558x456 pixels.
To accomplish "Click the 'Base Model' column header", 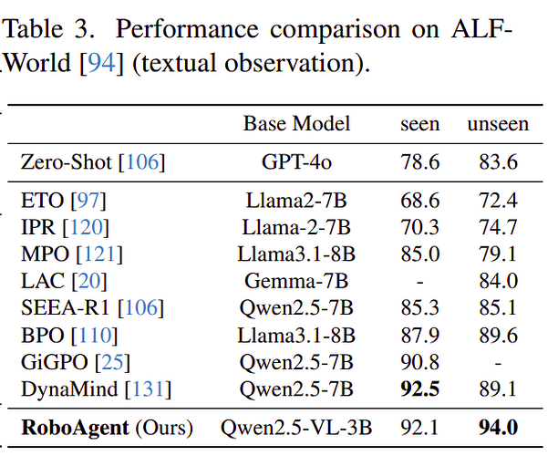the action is pyautogui.click(x=297, y=124).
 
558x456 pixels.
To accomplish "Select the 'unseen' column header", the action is pyautogui.click(x=498, y=125).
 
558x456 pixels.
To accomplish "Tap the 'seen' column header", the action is pyautogui.click(x=420, y=125).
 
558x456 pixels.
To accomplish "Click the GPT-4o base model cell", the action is pyautogui.click(x=297, y=162).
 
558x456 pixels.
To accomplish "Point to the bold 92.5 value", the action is pyautogui.click(x=420, y=389).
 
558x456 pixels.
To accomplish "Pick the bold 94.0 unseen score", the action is pyautogui.click(x=498, y=427).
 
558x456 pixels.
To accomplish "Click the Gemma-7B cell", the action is pyautogui.click(x=296, y=281).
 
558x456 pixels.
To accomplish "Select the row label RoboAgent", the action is pyautogui.click(x=75, y=428).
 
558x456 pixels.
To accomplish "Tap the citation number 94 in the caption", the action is pyautogui.click(x=101, y=63).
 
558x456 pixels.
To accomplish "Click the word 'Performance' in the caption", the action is pyautogui.click(x=187, y=29).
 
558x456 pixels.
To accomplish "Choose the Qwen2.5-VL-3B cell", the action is pyautogui.click(x=296, y=428).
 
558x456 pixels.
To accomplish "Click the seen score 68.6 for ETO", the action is pyautogui.click(x=420, y=201).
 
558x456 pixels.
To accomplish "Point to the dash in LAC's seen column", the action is pyautogui.click(x=420, y=283).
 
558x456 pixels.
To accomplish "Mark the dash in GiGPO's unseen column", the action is pyautogui.click(x=498, y=364).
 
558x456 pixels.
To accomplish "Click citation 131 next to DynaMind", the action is pyautogui.click(x=148, y=389).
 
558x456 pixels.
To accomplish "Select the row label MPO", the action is pyautogui.click(x=45, y=254).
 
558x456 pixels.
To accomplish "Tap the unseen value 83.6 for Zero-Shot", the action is pyautogui.click(x=498, y=162).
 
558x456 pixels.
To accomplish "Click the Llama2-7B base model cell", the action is pyautogui.click(x=296, y=201).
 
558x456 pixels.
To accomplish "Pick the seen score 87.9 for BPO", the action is pyautogui.click(x=420, y=335).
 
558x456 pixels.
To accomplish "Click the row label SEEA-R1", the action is pyautogui.click(x=65, y=308).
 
